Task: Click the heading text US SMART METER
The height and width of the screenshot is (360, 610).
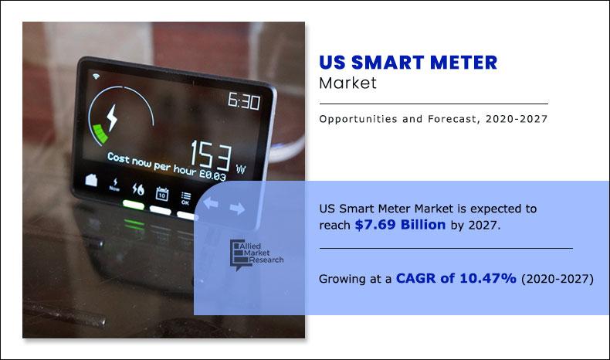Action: click(408, 63)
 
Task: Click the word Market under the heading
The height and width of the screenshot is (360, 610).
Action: click(347, 83)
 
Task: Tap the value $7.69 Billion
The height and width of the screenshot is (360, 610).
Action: click(400, 225)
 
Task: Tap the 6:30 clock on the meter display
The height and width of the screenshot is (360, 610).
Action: click(243, 101)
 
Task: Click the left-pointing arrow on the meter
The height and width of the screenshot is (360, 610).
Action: click(211, 206)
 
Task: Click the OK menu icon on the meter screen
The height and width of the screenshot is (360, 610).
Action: click(185, 198)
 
